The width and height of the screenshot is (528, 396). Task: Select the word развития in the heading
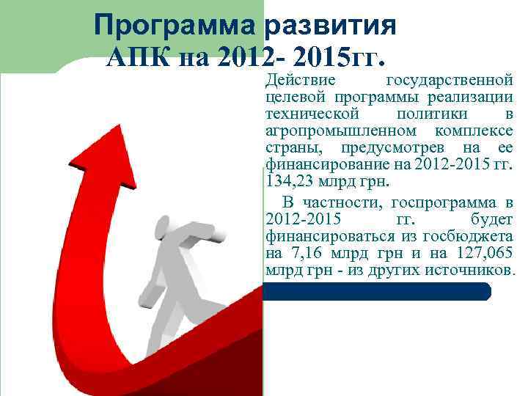click(331, 26)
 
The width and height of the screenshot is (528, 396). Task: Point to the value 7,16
click(302, 254)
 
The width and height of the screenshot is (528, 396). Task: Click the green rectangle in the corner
click(44, 33)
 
